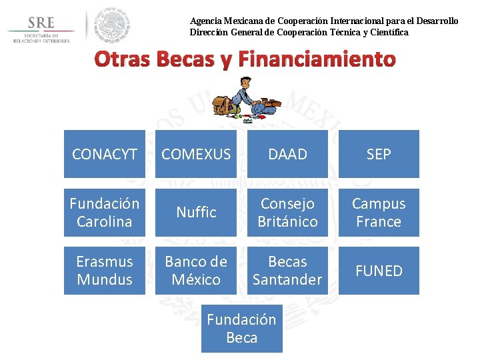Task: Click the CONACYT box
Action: pos(105,154)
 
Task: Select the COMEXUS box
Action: pos(196,154)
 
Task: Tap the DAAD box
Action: pos(287,154)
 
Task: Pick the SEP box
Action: pos(379,154)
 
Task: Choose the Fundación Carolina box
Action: pos(105,212)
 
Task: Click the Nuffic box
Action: pos(196,212)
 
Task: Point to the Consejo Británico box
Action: pos(287,212)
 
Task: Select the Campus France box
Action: pos(379,212)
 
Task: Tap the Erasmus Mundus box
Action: pos(105,270)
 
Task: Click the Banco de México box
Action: pos(196,270)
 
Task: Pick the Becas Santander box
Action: pos(287,270)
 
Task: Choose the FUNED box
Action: pos(379,270)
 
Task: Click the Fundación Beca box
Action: pos(241,328)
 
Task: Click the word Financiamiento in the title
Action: pos(316,60)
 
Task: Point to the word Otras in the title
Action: pos(122,60)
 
